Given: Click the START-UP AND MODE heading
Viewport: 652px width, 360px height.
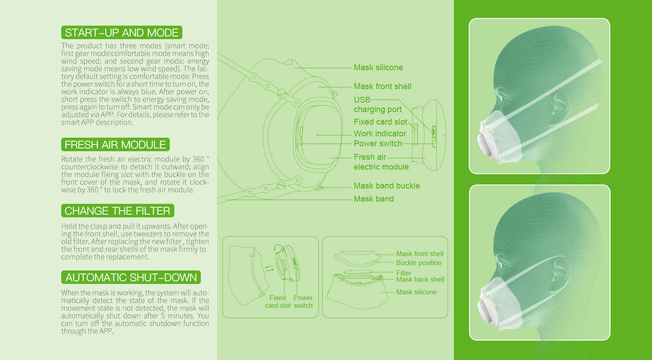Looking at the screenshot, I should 122,32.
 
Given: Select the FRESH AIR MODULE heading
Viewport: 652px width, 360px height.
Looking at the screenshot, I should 115,144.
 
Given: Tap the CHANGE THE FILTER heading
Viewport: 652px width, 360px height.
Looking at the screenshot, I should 118,211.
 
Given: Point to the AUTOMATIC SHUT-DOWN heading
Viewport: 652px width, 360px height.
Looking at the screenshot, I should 131,277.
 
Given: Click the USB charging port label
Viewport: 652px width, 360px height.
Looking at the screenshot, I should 377,104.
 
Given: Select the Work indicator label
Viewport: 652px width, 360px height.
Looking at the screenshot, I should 380,134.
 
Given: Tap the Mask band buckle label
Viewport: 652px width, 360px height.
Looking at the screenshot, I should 386,186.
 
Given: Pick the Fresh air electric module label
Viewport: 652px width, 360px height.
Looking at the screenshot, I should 381,162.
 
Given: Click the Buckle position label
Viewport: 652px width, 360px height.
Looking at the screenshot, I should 419,263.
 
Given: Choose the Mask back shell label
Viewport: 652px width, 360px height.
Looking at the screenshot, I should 420,279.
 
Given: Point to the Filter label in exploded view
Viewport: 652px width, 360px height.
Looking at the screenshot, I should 403,273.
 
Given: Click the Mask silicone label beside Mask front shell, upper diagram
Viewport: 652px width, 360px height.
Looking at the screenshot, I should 378,67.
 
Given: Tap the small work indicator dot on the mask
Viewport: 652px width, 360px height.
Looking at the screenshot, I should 317,135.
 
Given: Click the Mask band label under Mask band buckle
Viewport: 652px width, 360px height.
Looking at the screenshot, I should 374,199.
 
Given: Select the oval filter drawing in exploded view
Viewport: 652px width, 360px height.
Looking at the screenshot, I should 358,272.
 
